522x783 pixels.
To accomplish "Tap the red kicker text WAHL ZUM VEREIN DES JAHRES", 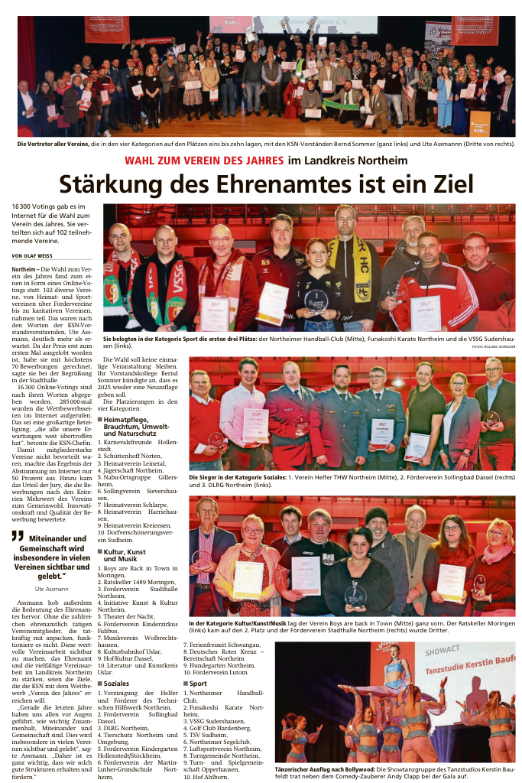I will coord(205,160).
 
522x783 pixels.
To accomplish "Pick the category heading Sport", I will coord(197,683).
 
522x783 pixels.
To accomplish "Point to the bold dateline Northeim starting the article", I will coord(24,270).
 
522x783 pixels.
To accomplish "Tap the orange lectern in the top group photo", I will coord(480,122).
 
